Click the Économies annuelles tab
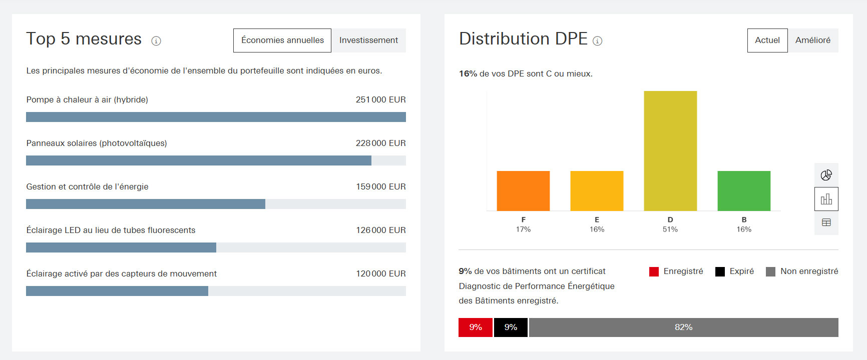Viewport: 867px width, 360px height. [282, 40]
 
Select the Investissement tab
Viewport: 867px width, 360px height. [368, 40]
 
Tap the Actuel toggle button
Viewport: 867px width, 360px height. [767, 40]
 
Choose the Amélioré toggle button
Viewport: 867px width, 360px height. [812, 40]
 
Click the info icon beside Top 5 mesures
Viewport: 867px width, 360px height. [156, 41]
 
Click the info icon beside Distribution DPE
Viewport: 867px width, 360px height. [597, 41]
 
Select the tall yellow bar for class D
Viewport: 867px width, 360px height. [670, 150]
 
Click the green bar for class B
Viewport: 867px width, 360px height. [743, 190]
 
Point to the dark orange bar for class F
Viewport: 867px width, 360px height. [523, 190]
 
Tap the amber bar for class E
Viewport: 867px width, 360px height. [597, 190]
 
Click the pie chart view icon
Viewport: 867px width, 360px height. [826, 175]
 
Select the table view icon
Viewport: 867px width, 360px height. [826, 222]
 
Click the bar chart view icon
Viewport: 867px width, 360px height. [826, 199]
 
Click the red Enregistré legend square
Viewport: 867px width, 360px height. [654, 271]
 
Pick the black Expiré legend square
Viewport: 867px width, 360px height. [720, 271]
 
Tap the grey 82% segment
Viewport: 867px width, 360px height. [683, 327]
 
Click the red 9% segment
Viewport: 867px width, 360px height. [475, 327]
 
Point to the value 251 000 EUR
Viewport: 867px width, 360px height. [380, 99]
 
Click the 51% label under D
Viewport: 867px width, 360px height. [670, 229]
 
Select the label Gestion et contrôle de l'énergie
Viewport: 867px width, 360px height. [87, 186]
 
